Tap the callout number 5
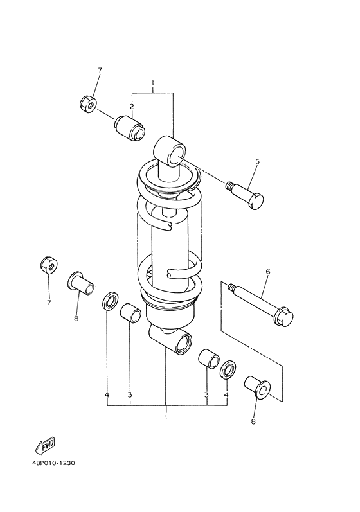(256, 162)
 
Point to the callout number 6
(267, 272)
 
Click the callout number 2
(131, 106)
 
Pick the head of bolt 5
(256, 200)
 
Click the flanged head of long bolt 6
(283, 318)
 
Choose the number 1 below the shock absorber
(166, 418)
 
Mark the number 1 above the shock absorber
(153, 83)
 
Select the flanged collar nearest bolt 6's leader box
(258, 388)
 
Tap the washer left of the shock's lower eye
(111, 300)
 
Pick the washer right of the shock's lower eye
(227, 371)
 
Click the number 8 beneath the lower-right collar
(253, 421)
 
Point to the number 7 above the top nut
(100, 69)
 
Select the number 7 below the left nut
(48, 302)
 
